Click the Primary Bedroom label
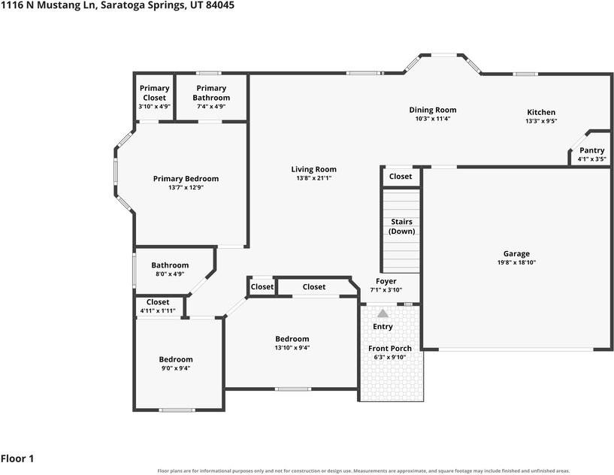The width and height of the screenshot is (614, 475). (x=186, y=179)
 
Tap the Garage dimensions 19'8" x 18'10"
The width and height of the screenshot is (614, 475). (x=516, y=262)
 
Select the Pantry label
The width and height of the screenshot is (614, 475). (x=591, y=150)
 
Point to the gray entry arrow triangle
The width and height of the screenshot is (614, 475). (x=383, y=313)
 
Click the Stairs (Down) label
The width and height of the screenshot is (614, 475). (x=402, y=226)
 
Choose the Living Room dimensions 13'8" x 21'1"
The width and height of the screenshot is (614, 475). (x=313, y=178)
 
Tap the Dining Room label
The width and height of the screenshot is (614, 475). (x=433, y=110)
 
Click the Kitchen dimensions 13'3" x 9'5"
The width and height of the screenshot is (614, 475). (x=541, y=122)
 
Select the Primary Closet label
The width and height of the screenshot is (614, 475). (x=154, y=92)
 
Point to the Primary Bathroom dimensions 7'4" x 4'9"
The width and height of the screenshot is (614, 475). (x=211, y=106)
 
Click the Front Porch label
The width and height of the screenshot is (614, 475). (x=390, y=348)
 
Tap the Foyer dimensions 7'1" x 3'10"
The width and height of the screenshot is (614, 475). (x=386, y=290)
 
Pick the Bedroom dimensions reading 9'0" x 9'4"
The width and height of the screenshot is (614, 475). (x=176, y=368)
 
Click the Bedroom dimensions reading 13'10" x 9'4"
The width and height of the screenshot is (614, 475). (x=292, y=348)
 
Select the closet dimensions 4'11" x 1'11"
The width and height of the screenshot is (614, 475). (x=158, y=311)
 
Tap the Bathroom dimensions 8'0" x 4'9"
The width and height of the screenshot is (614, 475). (x=170, y=274)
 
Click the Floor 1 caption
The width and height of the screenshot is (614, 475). (x=17, y=458)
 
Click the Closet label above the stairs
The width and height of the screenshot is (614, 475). (x=401, y=176)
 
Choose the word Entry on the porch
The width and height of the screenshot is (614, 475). (x=383, y=327)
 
